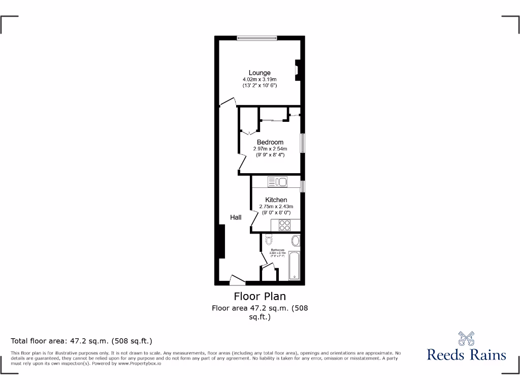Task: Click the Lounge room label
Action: pyautogui.click(x=259, y=73)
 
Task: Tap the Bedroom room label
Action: pyautogui.click(x=270, y=142)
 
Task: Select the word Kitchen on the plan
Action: pyautogui.click(x=276, y=200)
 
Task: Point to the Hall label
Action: pyautogui.click(x=236, y=217)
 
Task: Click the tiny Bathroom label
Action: pyautogui.click(x=277, y=250)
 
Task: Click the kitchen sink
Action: pyautogui.click(x=277, y=181)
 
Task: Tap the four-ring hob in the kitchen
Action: pyautogui.click(x=284, y=226)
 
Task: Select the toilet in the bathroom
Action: pyautogui.click(x=269, y=239)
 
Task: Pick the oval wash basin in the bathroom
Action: pyautogui.click(x=296, y=241)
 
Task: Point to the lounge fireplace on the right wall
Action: pyautogui.click(x=298, y=70)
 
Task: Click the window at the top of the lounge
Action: pyautogui.click(x=256, y=37)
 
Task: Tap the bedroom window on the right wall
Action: pyautogui.click(x=302, y=143)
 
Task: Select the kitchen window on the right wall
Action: pyautogui.click(x=302, y=187)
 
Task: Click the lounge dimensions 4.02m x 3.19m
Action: pyautogui.click(x=259, y=80)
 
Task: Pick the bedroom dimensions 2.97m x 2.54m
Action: pyautogui.click(x=270, y=149)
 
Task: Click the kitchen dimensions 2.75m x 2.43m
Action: pyautogui.click(x=276, y=207)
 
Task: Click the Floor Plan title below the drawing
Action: pyautogui.click(x=260, y=296)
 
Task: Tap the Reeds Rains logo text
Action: pyautogui.click(x=466, y=354)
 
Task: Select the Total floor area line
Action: pyautogui.click(x=82, y=341)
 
